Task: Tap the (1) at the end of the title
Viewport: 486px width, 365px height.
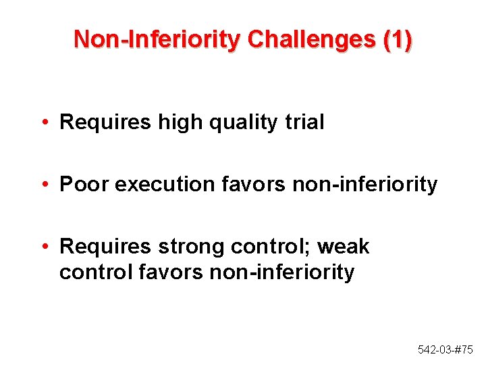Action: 397,39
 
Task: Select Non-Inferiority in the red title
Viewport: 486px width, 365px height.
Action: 157,39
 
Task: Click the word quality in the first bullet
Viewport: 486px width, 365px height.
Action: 241,122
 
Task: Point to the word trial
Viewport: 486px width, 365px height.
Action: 303,122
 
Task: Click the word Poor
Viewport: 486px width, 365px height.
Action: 84,185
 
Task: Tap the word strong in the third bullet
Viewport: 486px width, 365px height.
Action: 192,247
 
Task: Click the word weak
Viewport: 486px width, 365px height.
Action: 344,247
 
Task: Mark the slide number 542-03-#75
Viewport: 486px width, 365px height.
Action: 446,349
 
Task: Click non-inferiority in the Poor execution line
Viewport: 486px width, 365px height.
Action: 365,185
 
